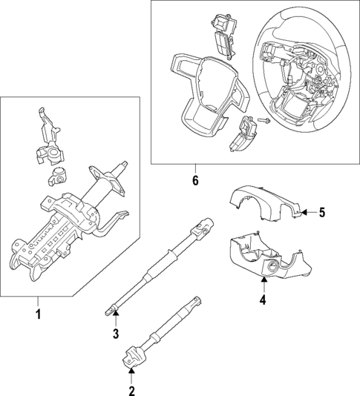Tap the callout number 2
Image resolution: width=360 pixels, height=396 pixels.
[x=131, y=391]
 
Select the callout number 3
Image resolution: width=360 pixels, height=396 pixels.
[x=116, y=334]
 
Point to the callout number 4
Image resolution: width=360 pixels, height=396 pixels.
[x=262, y=300]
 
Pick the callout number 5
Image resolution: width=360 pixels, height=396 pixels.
[x=322, y=214]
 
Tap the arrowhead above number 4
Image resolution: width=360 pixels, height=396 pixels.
[x=262, y=284]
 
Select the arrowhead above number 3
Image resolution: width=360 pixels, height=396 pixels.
[x=116, y=317]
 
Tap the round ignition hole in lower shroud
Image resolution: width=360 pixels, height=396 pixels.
[x=275, y=268]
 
